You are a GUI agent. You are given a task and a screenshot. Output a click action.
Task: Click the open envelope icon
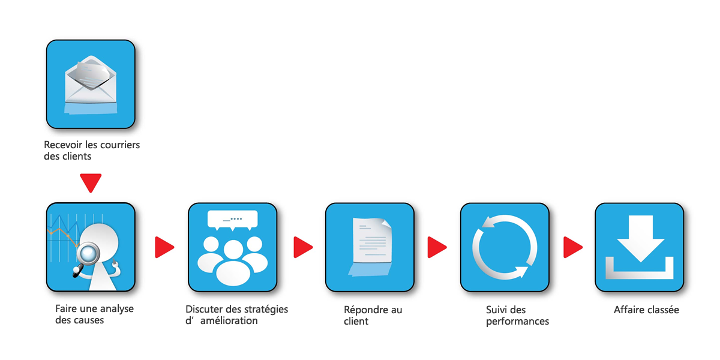[x=91, y=80]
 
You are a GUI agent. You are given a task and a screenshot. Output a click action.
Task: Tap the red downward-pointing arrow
[x=91, y=182]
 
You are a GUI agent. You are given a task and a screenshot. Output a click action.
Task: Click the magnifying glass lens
[x=89, y=253]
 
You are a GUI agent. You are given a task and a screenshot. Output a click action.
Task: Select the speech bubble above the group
[x=233, y=220]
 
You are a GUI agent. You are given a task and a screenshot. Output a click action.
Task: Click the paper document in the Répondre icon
[x=372, y=241]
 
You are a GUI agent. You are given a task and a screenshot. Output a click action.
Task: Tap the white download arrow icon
[x=640, y=247]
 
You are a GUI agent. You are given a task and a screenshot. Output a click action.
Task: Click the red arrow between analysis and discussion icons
[x=164, y=247]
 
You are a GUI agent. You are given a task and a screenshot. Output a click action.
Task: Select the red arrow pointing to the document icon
[x=303, y=247]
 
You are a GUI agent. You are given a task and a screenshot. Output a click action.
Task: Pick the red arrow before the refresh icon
[x=437, y=247]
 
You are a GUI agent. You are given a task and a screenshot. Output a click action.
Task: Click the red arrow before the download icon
[x=573, y=247]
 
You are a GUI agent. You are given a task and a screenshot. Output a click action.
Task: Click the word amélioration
[x=229, y=321]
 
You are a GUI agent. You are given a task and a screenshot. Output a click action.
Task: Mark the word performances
[x=517, y=322]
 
